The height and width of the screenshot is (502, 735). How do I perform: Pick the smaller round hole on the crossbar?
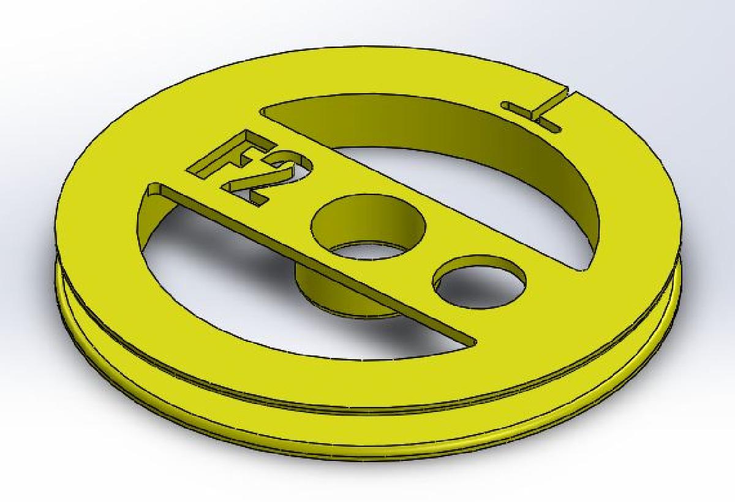point(479,283)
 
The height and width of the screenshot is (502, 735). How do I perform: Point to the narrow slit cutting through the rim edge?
point(567,98)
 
